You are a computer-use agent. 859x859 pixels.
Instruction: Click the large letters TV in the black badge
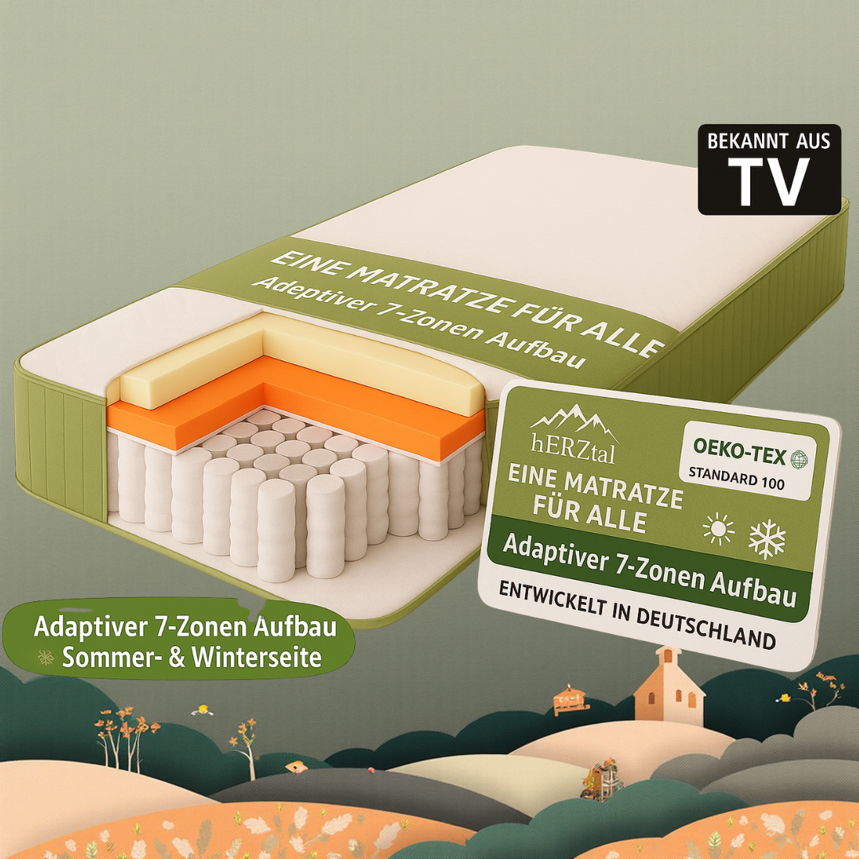pos(768,182)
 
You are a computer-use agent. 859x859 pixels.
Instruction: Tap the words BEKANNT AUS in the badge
pos(769,142)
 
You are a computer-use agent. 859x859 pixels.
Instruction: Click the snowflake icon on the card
pos(767,538)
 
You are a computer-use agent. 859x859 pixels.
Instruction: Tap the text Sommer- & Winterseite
pos(192,658)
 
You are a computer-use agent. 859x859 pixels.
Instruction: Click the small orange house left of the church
pos(571,698)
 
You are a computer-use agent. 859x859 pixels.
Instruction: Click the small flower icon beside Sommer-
pos(45,656)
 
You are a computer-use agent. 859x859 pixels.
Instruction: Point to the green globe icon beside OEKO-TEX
pos(799,458)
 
